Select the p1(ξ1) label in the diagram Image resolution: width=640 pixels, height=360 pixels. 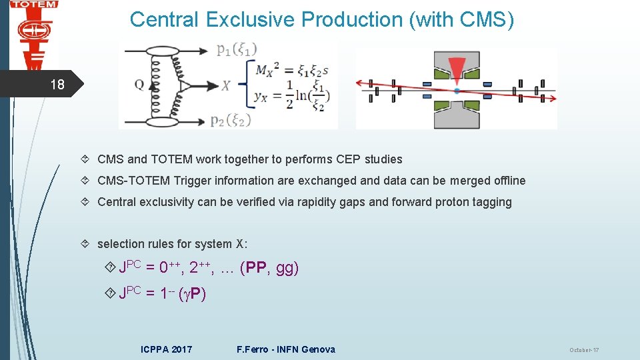(x=237, y=49)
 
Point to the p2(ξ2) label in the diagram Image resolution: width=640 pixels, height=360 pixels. (x=237, y=120)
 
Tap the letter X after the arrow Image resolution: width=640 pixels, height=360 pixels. (x=227, y=85)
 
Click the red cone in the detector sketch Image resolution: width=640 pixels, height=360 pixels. (x=457, y=69)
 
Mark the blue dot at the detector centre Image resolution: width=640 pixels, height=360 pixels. (x=457, y=90)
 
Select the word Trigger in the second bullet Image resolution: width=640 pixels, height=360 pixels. (x=191, y=181)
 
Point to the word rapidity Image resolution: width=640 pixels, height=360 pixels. (x=313, y=202)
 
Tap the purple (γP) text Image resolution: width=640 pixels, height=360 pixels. (x=193, y=294)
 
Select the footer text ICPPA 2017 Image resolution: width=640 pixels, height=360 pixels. (x=167, y=349)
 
